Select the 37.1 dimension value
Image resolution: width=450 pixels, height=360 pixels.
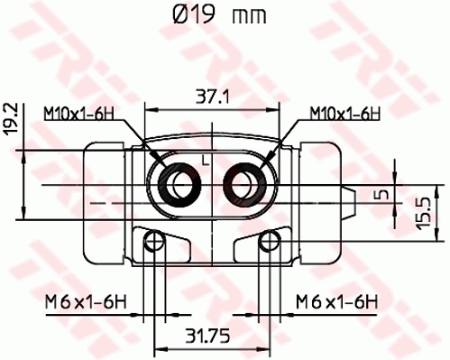[x=212, y=94]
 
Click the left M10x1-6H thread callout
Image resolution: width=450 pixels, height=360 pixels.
[x=79, y=113]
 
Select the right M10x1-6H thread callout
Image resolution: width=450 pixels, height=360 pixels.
[x=344, y=113]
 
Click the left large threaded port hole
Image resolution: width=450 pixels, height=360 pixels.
[x=177, y=183]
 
